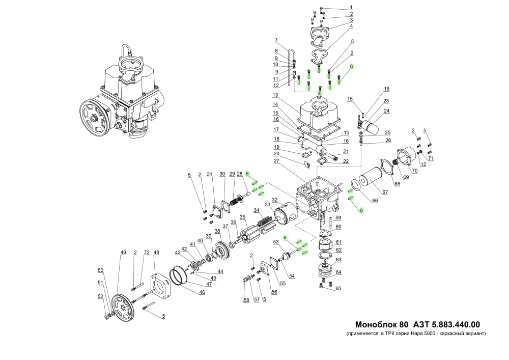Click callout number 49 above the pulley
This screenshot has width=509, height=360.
coord(123,253)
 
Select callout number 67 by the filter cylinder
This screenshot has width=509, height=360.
coord(385,192)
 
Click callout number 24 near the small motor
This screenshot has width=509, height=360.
coord(386,111)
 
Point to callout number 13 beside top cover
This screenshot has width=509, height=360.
coord(275,95)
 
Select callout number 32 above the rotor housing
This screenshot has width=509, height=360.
coord(274,200)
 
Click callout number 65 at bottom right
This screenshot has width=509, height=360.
coord(338,289)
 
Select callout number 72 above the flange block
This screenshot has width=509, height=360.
coord(147,253)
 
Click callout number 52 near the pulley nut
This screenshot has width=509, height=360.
coord(100,296)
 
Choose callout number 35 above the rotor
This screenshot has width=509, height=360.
coord(243,217)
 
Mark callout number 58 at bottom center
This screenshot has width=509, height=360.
coord(246,301)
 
